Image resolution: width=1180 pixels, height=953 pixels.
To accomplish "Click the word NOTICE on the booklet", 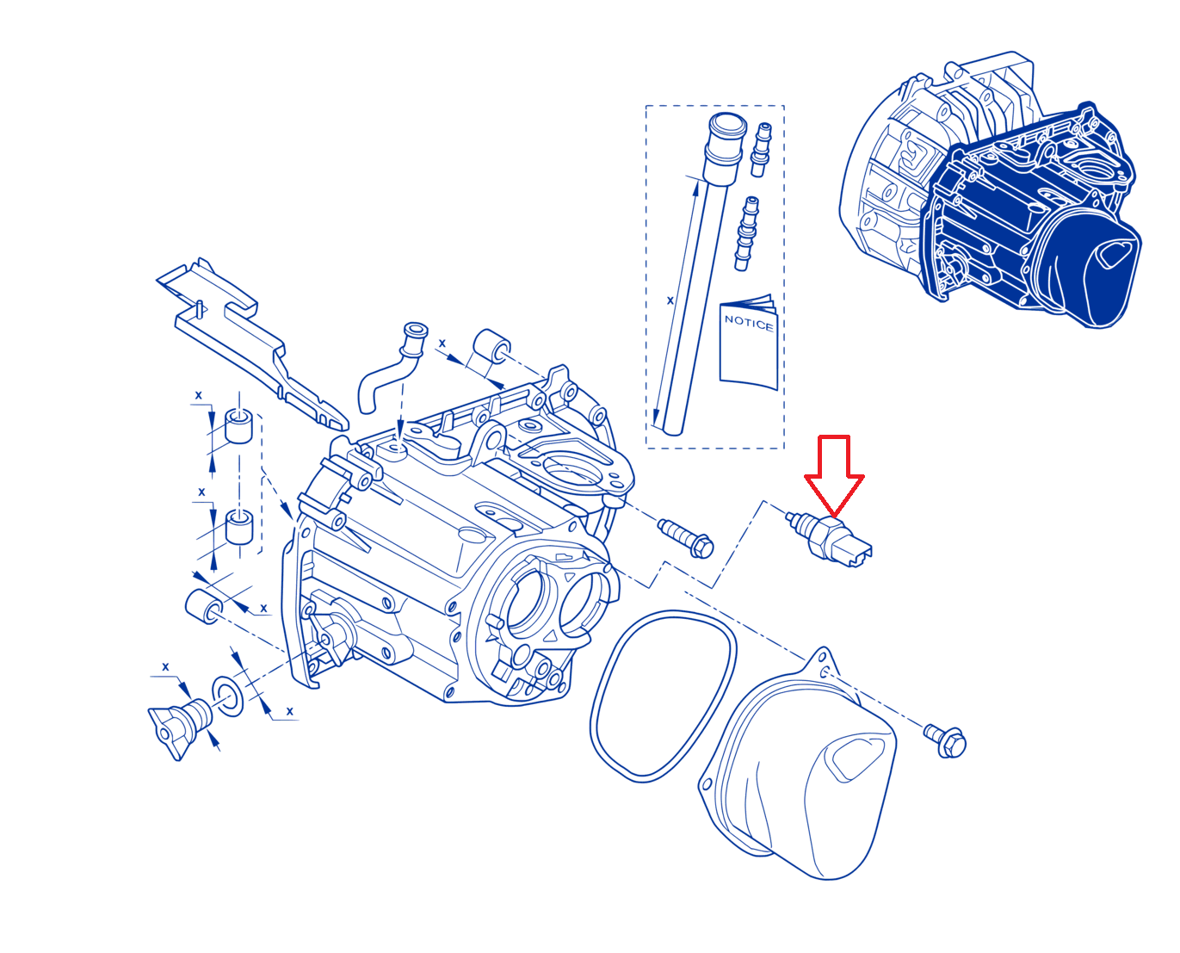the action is (749, 323).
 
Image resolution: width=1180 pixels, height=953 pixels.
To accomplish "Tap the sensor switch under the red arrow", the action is (830, 540).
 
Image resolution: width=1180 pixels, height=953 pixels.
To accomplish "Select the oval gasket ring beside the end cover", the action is (663, 696).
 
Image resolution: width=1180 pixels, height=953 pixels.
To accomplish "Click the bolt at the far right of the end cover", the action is (945, 740).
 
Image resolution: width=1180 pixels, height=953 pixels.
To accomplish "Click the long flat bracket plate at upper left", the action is (252, 343).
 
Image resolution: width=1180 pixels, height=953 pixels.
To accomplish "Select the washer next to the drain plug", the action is (228, 696).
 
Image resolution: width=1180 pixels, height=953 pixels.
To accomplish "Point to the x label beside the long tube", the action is (670, 300).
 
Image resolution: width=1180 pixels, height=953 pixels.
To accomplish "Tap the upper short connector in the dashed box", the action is (762, 150).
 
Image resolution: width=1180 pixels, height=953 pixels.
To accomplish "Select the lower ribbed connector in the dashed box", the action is (745, 233).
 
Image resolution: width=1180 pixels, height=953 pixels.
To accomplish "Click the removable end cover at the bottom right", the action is (798, 764).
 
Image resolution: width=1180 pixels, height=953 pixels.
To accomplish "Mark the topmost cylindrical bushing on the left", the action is (238, 425).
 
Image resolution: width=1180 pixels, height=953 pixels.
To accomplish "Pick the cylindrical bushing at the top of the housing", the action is (491, 346).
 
